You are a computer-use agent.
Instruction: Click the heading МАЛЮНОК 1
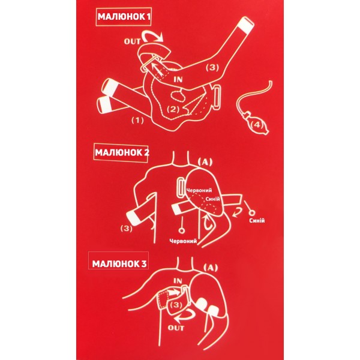124,17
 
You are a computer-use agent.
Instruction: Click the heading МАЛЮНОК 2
122,152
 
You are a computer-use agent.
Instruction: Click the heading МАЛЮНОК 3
119,264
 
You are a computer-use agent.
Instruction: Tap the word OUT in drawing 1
132,41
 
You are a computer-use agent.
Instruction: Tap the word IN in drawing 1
178,79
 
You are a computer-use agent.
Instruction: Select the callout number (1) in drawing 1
137,120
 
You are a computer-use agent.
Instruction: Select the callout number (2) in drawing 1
173,109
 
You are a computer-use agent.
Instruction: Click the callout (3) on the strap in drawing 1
212,67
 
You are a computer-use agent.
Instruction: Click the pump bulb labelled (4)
257,124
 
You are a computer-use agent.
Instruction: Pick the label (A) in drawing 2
205,162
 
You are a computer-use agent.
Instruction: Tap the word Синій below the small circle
257,221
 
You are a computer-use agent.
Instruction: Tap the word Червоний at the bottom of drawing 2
183,241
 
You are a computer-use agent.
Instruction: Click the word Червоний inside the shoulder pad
199,190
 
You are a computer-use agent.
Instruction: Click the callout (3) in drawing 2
127,229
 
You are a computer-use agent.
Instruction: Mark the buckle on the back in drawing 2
181,188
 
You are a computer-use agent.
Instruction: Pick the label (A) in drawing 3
211,268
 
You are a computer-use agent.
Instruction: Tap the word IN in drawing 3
178,281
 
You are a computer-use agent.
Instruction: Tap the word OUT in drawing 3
176,328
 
